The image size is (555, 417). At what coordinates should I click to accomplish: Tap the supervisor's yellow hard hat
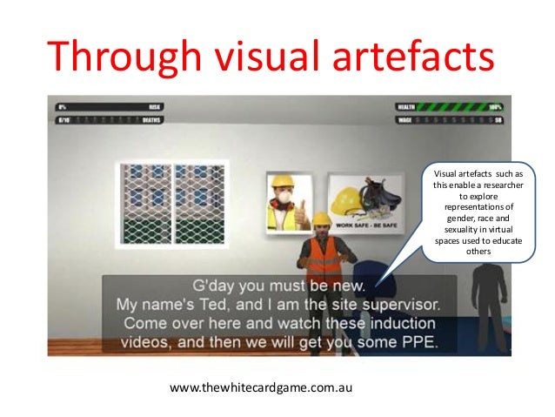(321, 218)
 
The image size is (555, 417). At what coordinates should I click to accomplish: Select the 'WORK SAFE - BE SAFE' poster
(363, 205)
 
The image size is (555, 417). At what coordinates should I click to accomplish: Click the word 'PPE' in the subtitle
(418, 341)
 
